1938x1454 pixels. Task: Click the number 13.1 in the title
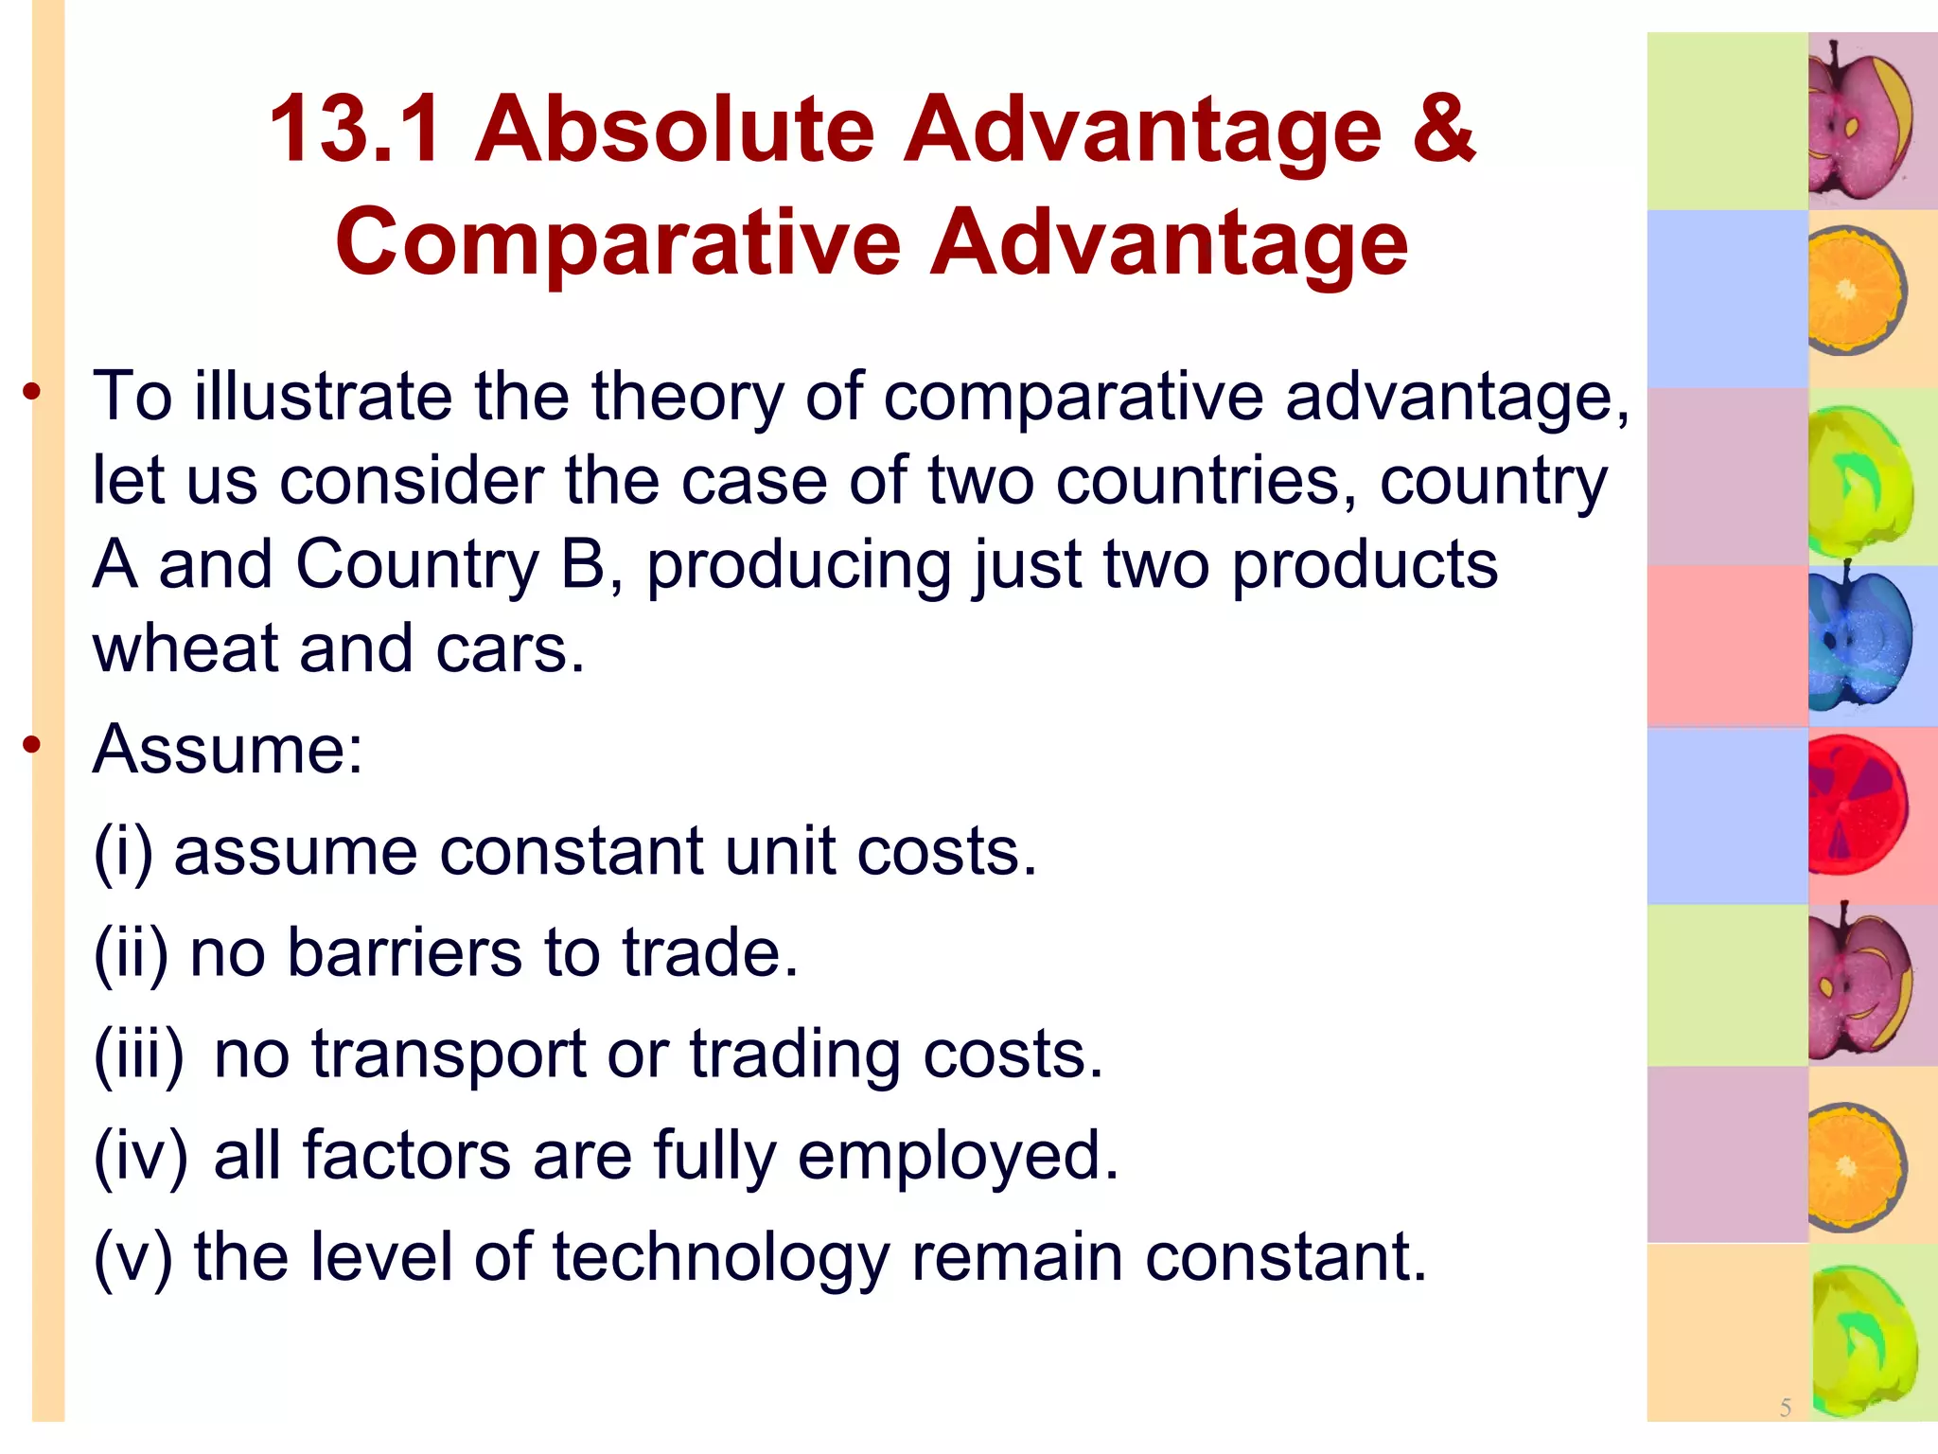pos(355,130)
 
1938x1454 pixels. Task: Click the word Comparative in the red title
pos(619,242)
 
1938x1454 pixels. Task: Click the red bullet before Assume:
pos(33,745)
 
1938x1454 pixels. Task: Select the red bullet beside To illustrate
pos(33,390)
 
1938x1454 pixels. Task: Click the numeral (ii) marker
pos(131,953)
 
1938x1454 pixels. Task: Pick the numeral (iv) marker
pos(141,1156)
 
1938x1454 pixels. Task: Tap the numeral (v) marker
pos(132,1257)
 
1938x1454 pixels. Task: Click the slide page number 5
pos(1785,1408)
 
